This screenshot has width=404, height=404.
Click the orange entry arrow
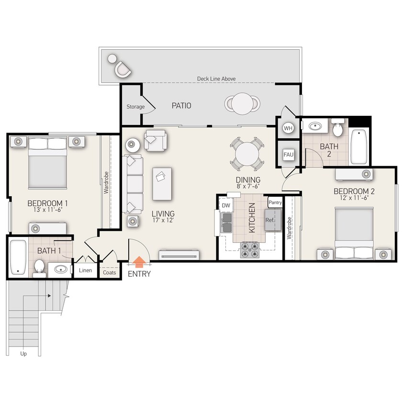pos(139,262)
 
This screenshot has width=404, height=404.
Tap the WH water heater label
pos(288,128)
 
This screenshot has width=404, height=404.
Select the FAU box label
pos(288,155)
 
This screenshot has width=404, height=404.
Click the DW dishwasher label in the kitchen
pos(226,205)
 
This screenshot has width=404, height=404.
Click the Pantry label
pos(275,202)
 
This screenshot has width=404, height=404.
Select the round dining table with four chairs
pos(247,154)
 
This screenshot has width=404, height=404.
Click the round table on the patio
pos(243,103)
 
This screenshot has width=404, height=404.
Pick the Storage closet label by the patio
pos(135,107)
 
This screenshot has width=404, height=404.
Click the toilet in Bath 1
pos(39,268)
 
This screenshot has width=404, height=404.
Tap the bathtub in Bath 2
pos(359,146)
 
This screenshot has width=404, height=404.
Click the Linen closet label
pos(85,270)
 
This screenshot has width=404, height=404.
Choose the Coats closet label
pos(109,272)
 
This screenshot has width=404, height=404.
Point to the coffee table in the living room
pos(162,184)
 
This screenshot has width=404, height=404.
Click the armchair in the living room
pos(156,140)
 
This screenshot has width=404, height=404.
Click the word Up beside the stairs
pos(23,354)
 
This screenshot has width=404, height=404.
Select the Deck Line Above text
pos(216,79)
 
